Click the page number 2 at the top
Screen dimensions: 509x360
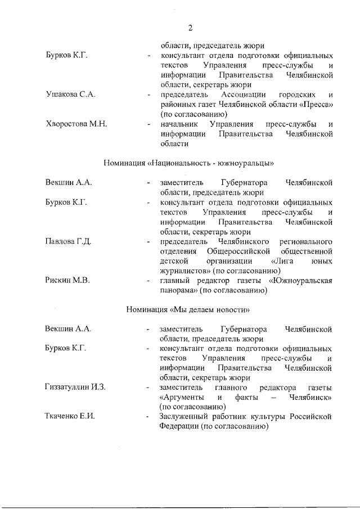pyautogui.click(x=191, y=28)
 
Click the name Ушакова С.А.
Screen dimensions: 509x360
pyautogui.click(x=70, y=94)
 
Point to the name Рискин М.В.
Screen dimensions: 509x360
pyautogui.click(x=67, y=281)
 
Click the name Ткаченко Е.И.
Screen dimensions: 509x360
pyautogui.click(x=70, y=416)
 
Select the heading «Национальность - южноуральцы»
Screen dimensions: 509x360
pyautogui.click(x=189, y=163)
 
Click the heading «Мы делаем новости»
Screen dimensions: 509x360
pyautogui.click(x=188, y=309)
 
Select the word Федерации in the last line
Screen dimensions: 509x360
pyautogui.click(x=179, y=426)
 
